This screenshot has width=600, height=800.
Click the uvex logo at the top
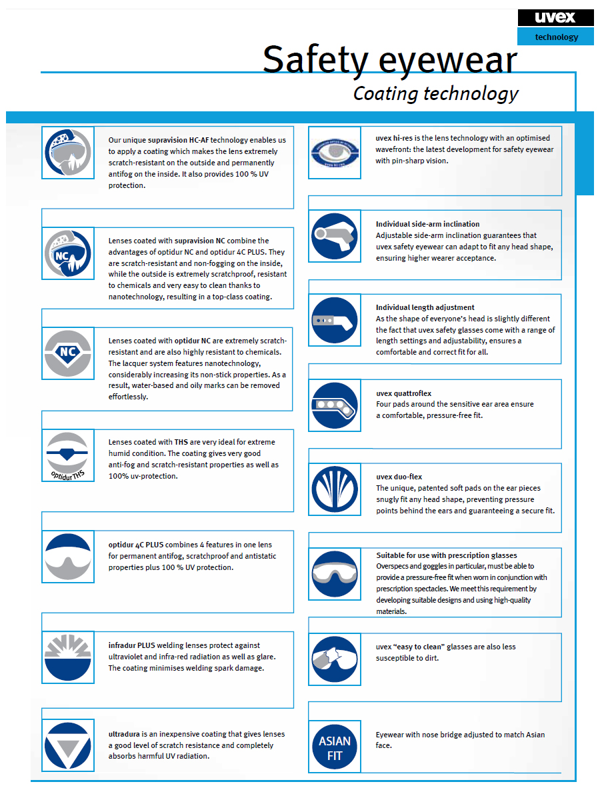click(555, 18)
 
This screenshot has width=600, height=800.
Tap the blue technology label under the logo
click(556, 37)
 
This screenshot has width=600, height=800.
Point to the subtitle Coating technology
click(435, 93)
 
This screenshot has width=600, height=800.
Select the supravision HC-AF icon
click(67, 153)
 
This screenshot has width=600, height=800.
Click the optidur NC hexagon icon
click(67, 353)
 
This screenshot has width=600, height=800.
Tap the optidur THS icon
click(67, 455)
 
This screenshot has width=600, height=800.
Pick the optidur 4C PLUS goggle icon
click(67, 556)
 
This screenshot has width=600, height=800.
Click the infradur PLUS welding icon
click(67, 656)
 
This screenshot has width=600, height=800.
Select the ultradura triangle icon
click(67, 745)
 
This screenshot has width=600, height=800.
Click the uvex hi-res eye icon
click(335, 153)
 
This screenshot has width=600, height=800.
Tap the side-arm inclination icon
click(335, 236)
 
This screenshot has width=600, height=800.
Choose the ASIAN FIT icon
click(335, 747)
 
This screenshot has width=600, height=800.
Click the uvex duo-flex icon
click(335, 490)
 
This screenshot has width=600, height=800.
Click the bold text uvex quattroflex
click(403, 393)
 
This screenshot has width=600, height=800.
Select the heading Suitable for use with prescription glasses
click(446, 555)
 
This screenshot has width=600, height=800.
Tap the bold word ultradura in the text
click(125, 734)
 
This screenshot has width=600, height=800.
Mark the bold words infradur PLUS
click(132, 645)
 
